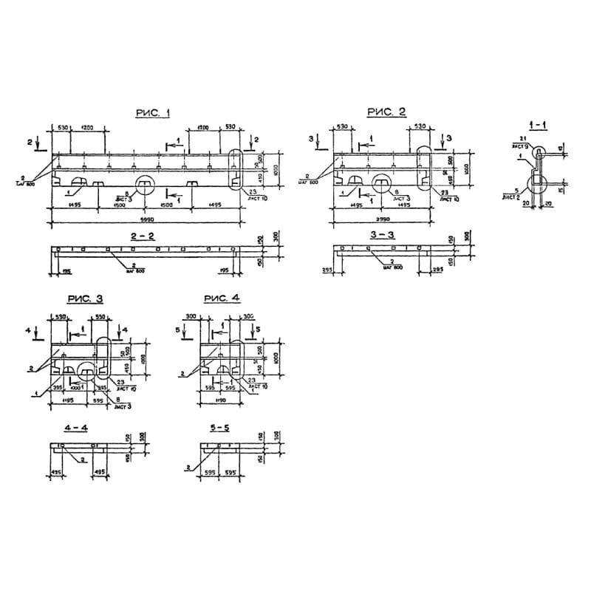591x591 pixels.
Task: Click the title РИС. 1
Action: click(x=152, y=112)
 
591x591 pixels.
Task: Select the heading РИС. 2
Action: click(x=386, y=112)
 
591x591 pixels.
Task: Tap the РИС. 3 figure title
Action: click(x=85, y=298)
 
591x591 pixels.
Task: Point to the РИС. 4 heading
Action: click(x=222, y=298)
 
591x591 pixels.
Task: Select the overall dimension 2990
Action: click(x=382, y=220)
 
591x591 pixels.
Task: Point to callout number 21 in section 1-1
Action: click(x=521, y=139)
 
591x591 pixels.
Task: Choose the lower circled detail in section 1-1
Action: click(x=536, y=182)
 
